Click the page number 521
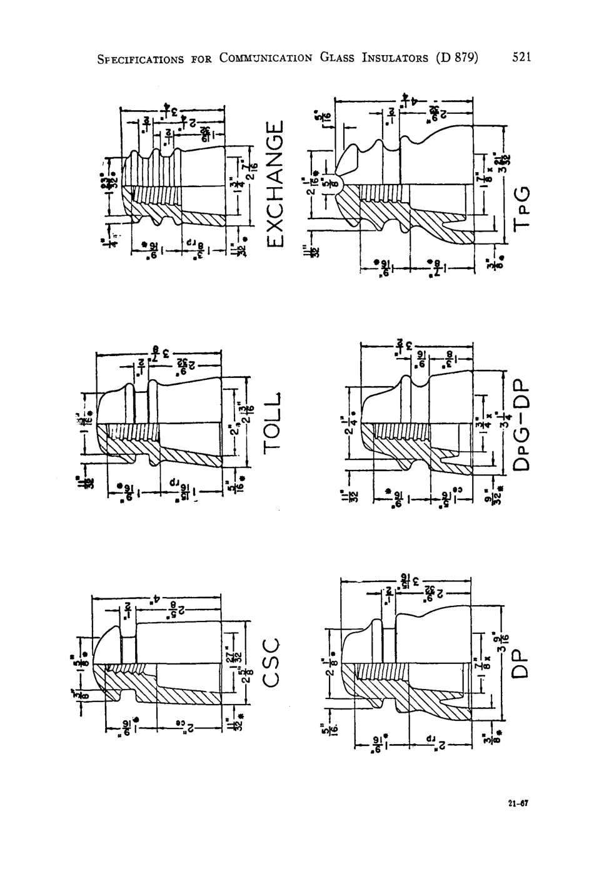click(x=521, y=58)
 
